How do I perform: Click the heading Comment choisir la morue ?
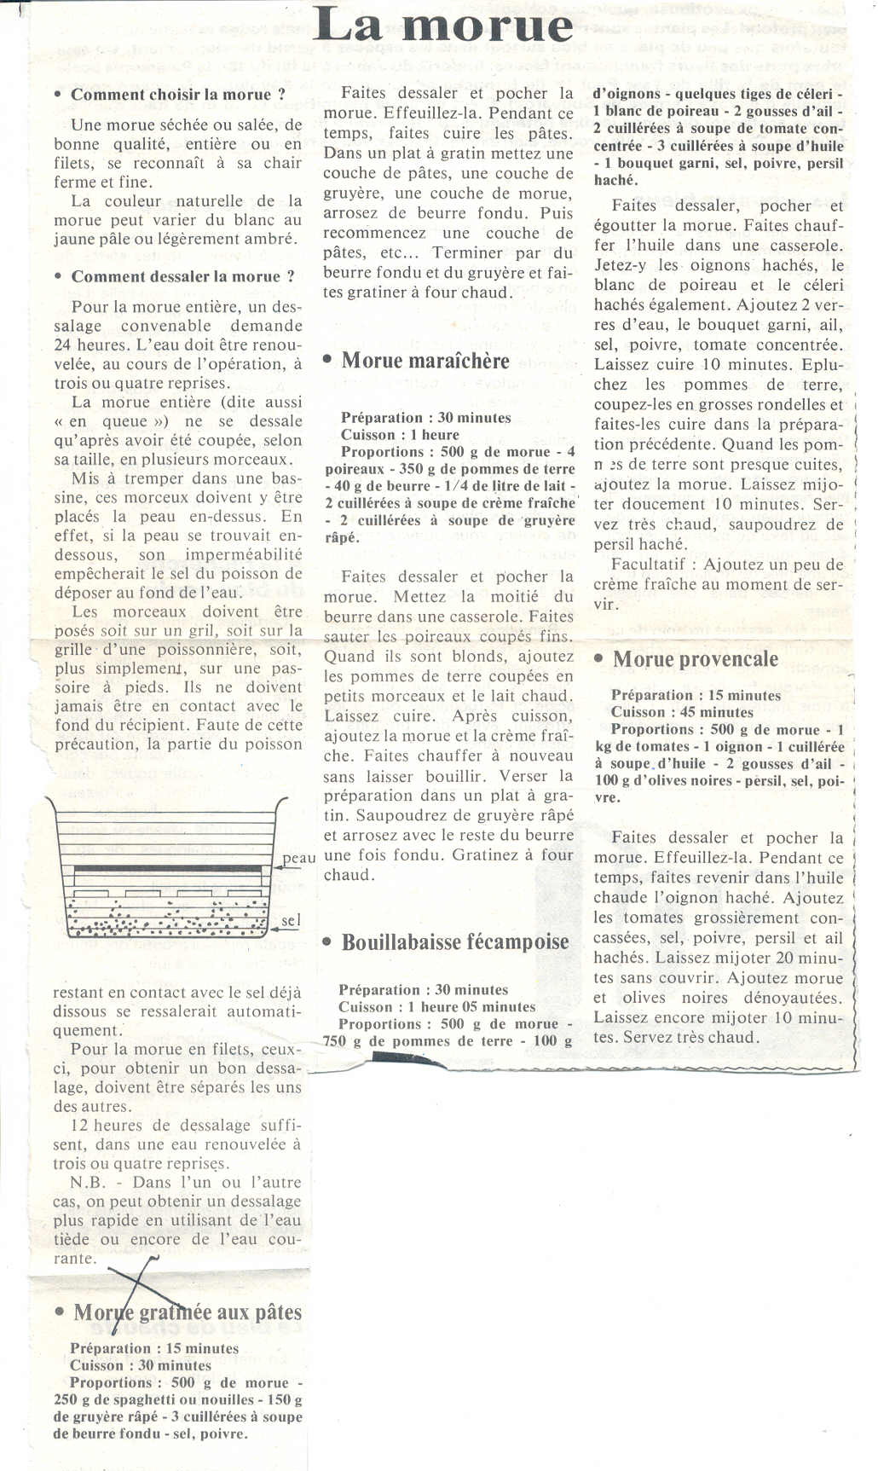[x=177, y=95]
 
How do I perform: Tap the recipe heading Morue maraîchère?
[x=425, y=360]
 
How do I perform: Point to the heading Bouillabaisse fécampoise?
[x=455, y=941]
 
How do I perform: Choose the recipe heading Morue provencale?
[x=695, y=658]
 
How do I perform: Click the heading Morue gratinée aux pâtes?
[x=188, y=1312]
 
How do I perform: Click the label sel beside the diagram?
[x=291, y=921]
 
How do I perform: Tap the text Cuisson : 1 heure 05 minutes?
[x=436, y=1007]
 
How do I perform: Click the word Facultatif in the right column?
[x=641, y=565]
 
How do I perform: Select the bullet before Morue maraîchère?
[x=327, y=360]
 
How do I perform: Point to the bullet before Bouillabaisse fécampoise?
[x=327, y=941]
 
